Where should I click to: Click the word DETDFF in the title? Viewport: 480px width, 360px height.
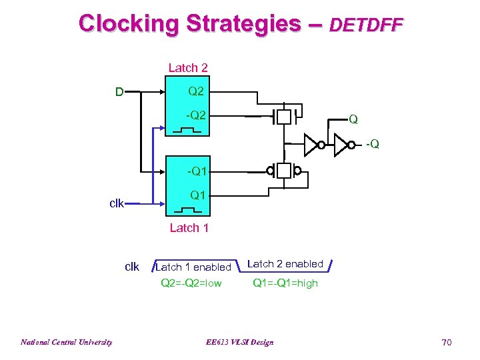tap(366, 25)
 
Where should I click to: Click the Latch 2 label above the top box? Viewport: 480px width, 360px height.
tap(187, 67)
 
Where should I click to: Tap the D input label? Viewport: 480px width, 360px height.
tap(119, 92)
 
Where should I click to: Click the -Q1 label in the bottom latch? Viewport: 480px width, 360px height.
tap(196, 171)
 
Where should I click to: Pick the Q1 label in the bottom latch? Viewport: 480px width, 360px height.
tap(197, 195)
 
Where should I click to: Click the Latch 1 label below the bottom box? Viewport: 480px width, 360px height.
tap(189, 228)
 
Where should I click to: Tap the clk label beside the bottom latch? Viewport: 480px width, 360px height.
tap(117, 203)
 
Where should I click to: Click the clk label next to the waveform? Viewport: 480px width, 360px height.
tap(132, 267)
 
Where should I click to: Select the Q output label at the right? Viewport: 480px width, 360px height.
tap(353, 120)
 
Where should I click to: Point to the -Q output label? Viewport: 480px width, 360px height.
tap(372, 144)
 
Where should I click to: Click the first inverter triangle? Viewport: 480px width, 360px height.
tap(310, 144)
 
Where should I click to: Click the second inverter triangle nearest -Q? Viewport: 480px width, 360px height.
tap(340, 144)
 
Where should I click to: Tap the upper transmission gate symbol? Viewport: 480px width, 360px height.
tap(285, 117)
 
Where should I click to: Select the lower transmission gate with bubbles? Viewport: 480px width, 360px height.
tap(285, 171)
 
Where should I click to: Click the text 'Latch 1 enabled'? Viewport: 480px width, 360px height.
tap(193, 267)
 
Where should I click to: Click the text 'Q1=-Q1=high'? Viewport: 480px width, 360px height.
tap(285, 283)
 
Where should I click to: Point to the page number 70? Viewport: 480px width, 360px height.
tap(446, 342)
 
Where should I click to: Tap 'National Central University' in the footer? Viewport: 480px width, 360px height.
tap(66, 342)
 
